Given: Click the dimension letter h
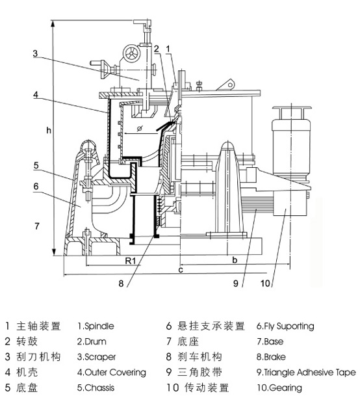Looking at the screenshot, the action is (49, 131).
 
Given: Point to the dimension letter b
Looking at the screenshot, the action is (235, 259).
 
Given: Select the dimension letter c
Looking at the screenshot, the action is (181, 270).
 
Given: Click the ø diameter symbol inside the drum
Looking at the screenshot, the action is (140, 128).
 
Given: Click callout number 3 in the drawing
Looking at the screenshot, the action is (35, 53).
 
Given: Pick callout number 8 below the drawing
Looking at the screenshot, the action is (121, 284).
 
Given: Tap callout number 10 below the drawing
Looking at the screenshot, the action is (265, 284).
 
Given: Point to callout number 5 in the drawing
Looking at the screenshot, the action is (36, 165).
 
